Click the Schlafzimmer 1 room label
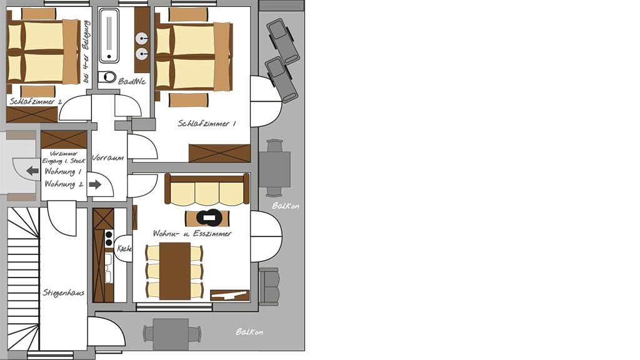[x=206, y=123]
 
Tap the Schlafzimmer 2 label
[x=36, y=102]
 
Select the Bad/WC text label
[x=132, y=81]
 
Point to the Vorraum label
[x=108, y=157]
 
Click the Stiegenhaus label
[x=64, y=292]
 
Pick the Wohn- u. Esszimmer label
[x=192, y=234]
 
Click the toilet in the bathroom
[x=107, y=77]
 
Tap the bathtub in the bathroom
[x=109, y=36]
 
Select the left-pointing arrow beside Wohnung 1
[x=32, y=171]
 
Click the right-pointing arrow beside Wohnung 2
[x=95, y=184]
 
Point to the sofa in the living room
[x=207, y=189]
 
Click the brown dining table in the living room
[x=175, y=271]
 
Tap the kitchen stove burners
[x=109, y=238]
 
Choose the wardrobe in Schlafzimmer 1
[x=219, y=154]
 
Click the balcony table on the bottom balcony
[x=171, y=334]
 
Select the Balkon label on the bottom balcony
[x=249, y=332]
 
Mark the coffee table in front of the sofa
[x=207, y=218]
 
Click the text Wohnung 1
[x=63, y=171]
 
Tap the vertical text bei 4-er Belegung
[x=86, y=52]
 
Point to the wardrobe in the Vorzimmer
[x=64, y=139]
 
